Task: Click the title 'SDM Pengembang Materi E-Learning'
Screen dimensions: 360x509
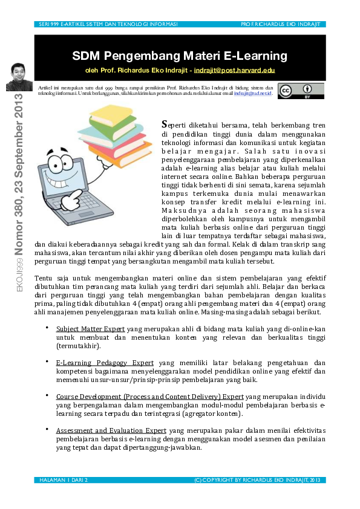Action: click(x=179, y=56)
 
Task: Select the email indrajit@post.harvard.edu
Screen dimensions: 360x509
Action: click(x=234, y=70)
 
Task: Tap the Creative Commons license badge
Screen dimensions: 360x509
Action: click(x=301, y=91)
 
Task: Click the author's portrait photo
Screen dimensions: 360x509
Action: click(x=18, y=77)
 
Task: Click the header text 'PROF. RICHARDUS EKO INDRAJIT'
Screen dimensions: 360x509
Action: click(x=279, y=24)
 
